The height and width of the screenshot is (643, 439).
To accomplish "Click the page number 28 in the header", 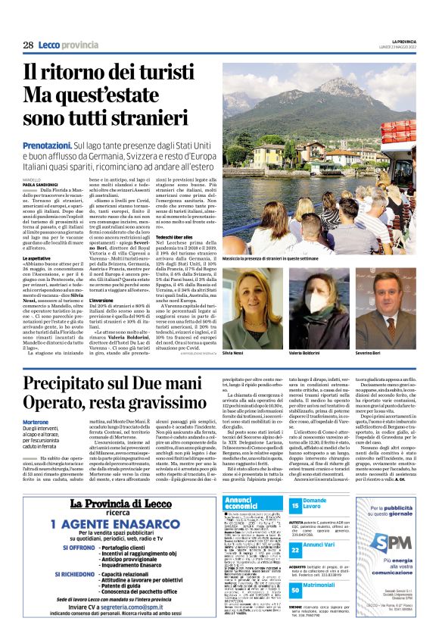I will pyautogui.click(x=28, y=45).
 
